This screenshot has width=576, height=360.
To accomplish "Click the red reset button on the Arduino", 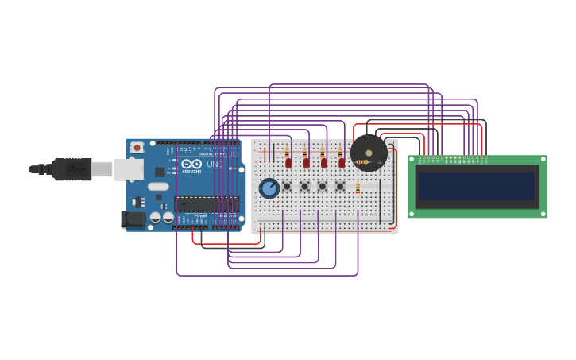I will pyautogui.click(x=137, y=148).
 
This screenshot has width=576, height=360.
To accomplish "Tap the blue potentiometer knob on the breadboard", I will pyautogui.click(x=269, y=188).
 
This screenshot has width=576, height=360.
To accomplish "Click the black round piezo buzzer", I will pyautogui.click(x=369, y=153).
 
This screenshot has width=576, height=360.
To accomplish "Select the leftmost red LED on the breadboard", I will pyautogui.click(x=288, y=163).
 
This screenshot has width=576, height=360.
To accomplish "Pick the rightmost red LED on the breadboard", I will pyautogui.click(x=342, y=163).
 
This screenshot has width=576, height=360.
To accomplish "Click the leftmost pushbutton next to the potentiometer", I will pyautogui.click(x=287, y=187).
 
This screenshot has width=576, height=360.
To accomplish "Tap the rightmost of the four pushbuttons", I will pyautogui.click(x=340, y=187).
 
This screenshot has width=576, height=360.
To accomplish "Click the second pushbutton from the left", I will pyautogui.click(x=304, y=187).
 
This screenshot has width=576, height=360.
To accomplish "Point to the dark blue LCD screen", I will pyautogui.click(x=477, y=187).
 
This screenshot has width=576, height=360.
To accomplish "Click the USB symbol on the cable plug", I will pyautogui.click(x=75, y=169).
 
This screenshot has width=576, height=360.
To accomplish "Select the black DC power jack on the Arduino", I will pyautogui.click(x=133, y=219).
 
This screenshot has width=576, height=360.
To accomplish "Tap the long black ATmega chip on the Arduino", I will pyautogui.click(x=207, y=203).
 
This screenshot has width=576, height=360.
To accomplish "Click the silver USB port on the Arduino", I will pyautogui.click(x=128, y=169).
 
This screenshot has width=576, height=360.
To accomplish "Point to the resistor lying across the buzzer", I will pyautogui.click(x=362, y=162).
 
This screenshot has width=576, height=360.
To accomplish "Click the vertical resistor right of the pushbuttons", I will pyautogui.click(x=358, y=188).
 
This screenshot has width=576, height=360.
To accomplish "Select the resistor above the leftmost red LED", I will pyautogui.click(x=287, y=152).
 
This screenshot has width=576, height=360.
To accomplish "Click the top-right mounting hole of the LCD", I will pyautogui.click(x=542, y=160).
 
